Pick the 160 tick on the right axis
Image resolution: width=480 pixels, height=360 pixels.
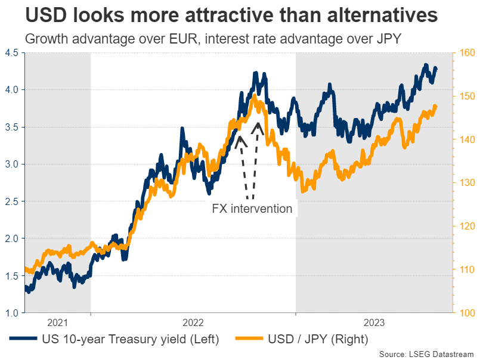click(x=465, y=53)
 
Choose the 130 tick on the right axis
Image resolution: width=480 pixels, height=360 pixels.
click(x=465, y=183)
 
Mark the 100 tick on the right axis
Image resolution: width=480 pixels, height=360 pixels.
click(x=465, y=313)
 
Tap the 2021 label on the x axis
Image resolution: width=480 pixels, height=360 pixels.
click(x=57, y=323)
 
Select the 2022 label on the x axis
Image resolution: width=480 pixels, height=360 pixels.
click(x=193, y=323)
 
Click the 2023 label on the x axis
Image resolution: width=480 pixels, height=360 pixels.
click(x=374, y=323)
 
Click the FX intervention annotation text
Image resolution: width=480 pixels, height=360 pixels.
click(x=252, y=209)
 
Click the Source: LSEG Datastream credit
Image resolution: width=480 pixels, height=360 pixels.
click(x=426, y=354)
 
